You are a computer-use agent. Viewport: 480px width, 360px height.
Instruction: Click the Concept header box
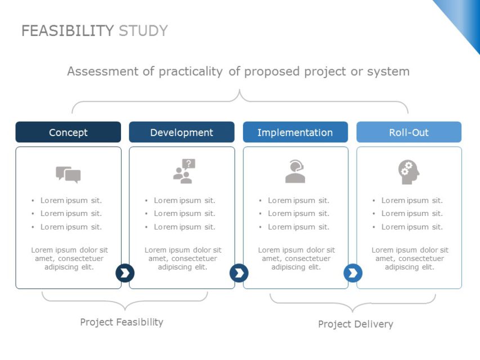click(x=68, y=132)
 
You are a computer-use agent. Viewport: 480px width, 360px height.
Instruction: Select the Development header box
click(x=182, y=132)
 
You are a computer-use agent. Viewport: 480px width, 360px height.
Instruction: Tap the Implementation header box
click(x=295, y=132)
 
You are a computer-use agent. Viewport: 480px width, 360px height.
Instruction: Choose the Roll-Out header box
click(x=409, y=132)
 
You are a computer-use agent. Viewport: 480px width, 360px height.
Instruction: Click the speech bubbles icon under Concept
click(x=68, y=175)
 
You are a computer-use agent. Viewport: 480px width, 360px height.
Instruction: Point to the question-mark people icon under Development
click(x=184, y=171)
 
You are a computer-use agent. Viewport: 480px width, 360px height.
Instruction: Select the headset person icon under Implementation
click(x=295, y=172)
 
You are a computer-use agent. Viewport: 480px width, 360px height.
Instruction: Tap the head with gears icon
click(x=409, y=172)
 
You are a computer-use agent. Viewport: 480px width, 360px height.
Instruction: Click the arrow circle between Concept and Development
click(x=125, y=273)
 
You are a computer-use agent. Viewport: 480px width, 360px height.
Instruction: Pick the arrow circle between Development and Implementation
click(x=239, y=273)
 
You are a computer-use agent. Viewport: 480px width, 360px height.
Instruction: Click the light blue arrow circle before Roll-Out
click(x=353, y=273)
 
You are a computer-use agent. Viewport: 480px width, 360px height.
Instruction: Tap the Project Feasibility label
click(x=122, y=322)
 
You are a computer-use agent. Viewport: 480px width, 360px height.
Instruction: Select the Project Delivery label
click(x=356, y=324)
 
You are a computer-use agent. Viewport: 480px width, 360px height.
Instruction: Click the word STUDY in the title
click(x=143, y=31)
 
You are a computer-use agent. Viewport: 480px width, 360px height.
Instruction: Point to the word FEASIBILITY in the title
click(x=68, y=31)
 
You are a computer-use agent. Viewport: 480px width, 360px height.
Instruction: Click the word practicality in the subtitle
click(x=191, y=71)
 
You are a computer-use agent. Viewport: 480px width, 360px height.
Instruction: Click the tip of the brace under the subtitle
click(x=239, y=89)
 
